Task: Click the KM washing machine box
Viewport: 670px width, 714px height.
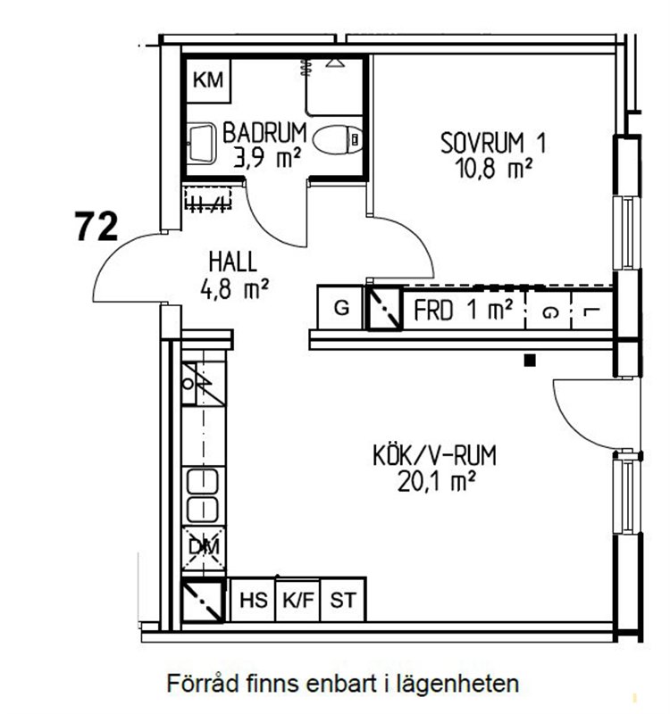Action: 208,80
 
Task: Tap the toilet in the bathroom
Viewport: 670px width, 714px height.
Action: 339,139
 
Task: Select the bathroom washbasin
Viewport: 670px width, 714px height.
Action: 202,143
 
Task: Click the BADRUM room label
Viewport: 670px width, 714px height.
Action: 264,132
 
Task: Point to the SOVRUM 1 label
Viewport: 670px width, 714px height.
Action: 493,143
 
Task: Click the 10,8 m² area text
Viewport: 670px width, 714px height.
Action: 493,169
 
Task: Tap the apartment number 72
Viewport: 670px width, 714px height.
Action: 96,227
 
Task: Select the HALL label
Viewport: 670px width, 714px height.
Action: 232,262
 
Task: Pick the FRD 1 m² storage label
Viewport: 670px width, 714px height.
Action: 463,311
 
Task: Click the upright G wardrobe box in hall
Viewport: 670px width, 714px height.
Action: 340,307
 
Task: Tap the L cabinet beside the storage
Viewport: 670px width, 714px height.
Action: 591,311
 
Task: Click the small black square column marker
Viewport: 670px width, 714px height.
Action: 530,361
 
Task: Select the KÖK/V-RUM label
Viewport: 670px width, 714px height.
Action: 435,456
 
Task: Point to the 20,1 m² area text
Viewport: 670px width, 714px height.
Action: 437,481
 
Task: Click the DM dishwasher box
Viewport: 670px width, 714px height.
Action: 204,548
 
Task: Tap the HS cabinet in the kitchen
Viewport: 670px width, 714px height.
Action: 253,600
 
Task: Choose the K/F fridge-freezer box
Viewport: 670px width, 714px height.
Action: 298,600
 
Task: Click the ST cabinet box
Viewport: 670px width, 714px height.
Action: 343,600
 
